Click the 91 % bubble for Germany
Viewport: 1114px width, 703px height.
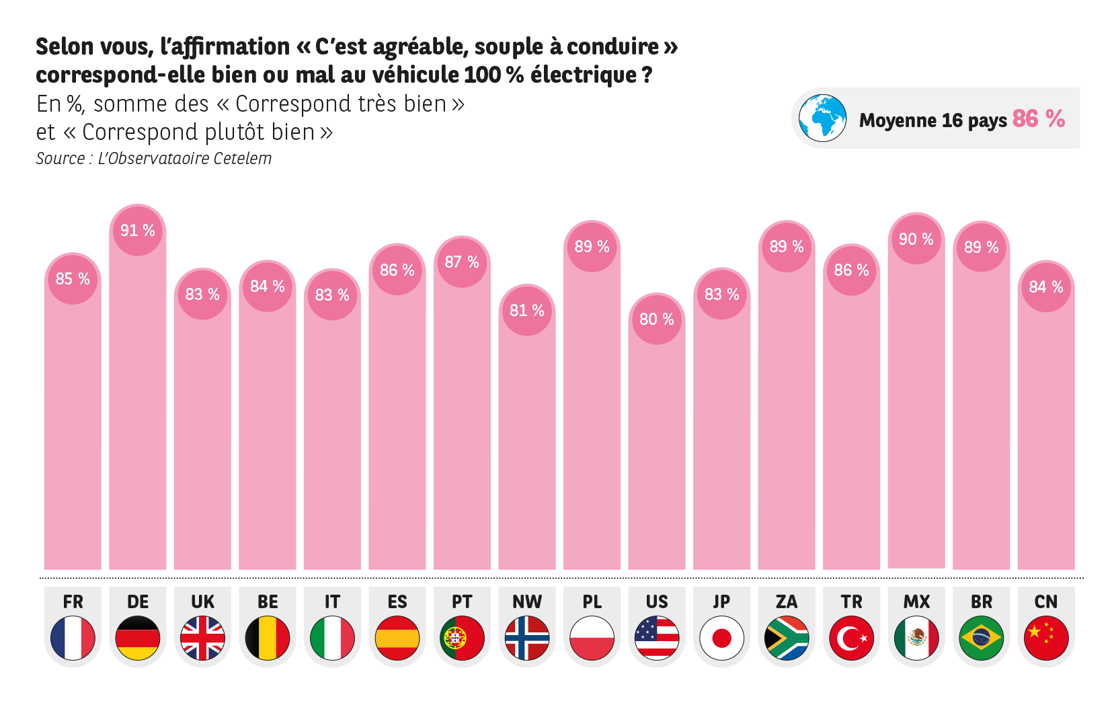(x=138, y=231)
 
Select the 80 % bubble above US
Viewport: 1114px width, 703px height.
(x=657, y=320)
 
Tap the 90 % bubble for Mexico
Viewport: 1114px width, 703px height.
(x=916, y=239)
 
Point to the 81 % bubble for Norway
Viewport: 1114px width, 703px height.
(x=527, y=311)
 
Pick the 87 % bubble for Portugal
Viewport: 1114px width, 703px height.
(x=462, y=262)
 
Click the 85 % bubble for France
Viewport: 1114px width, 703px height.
(x=73, y=279)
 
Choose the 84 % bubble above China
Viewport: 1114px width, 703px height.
(x=1046, y=287)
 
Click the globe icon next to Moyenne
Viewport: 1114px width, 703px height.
(x=822, y=118)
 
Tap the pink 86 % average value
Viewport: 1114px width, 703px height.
(x=1038, y=119)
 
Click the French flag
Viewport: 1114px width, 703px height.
(x=73, y=638)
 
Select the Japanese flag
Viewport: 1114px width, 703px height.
(x=721, y=638)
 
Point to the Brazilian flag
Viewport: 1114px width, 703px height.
(x=981, y=638)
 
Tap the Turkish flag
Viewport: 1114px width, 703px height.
(x=851, y=638)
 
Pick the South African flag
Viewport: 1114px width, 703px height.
(x=787, y=638)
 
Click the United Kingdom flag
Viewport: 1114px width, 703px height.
(x=202, y=638)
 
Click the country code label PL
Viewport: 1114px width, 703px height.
(x=592, y=601)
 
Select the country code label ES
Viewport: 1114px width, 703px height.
(x=397, y=601)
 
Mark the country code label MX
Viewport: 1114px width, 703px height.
(x=916, y=601)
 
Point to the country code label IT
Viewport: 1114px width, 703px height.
(x=332, y=601)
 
